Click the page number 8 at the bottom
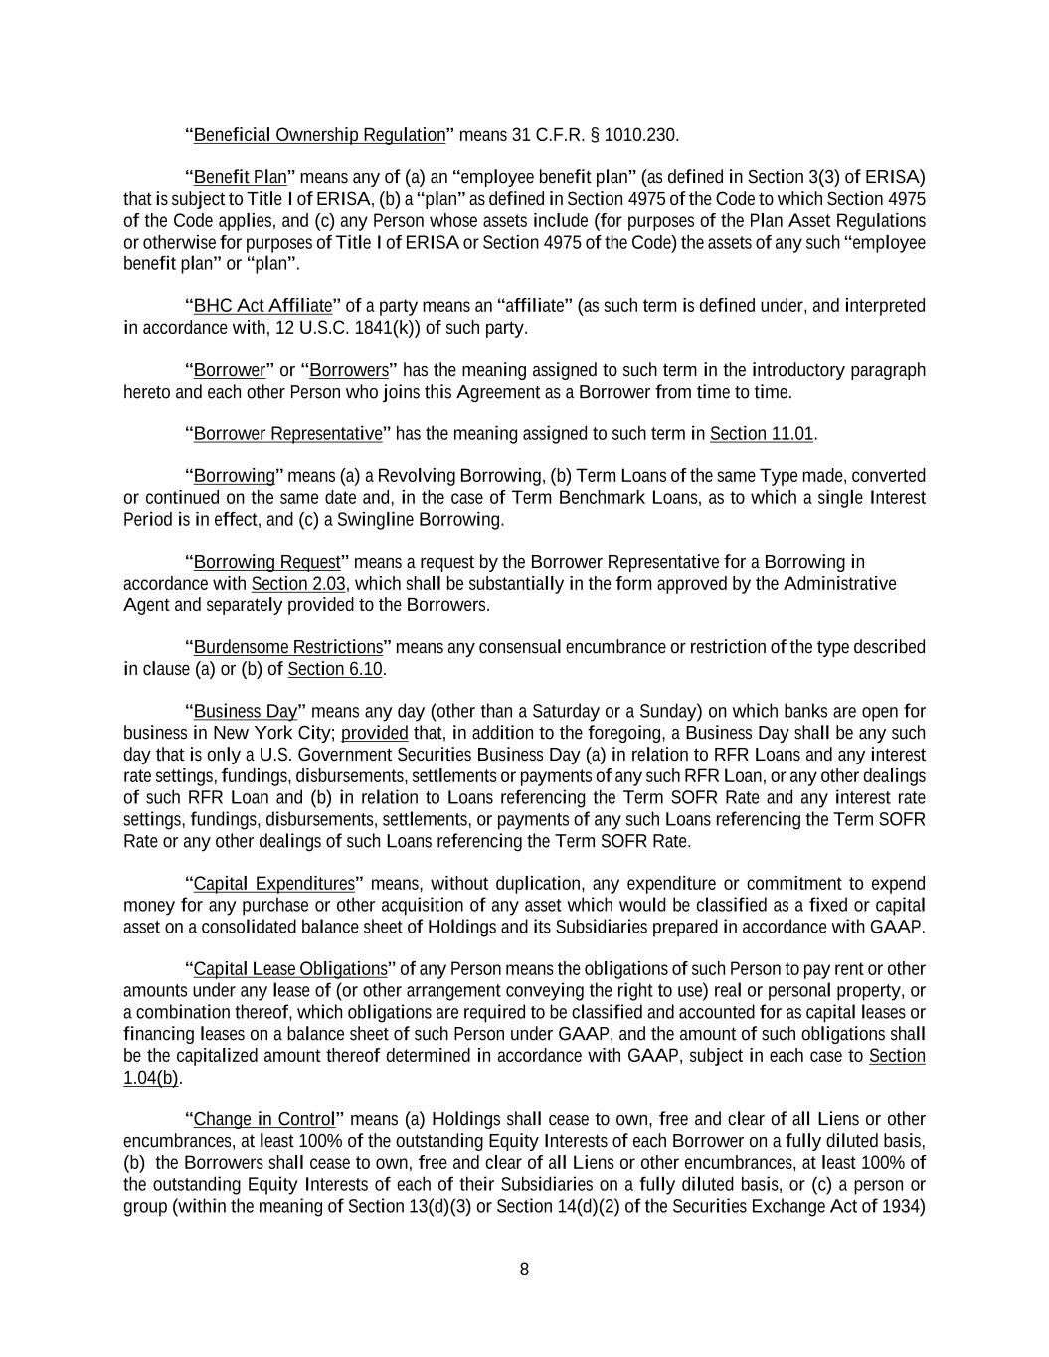524,1270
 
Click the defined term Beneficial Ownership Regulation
319,135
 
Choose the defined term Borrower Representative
287,434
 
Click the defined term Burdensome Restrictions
287,648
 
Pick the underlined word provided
375,734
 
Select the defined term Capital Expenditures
273,884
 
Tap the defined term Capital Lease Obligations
290,969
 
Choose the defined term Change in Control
263,1120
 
